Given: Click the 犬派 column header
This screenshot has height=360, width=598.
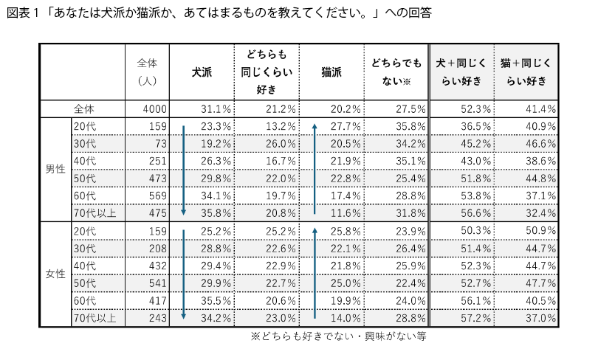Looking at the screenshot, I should click(x=202, y=72).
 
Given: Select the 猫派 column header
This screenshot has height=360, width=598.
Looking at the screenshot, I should click(x=331, y=72).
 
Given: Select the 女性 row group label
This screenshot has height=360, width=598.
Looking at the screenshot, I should click(x=55, y=274).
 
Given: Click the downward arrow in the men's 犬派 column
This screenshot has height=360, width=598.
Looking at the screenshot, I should click(x=183, y=169).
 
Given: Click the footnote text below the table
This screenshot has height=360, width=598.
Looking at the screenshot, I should click(x=339, y=336).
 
